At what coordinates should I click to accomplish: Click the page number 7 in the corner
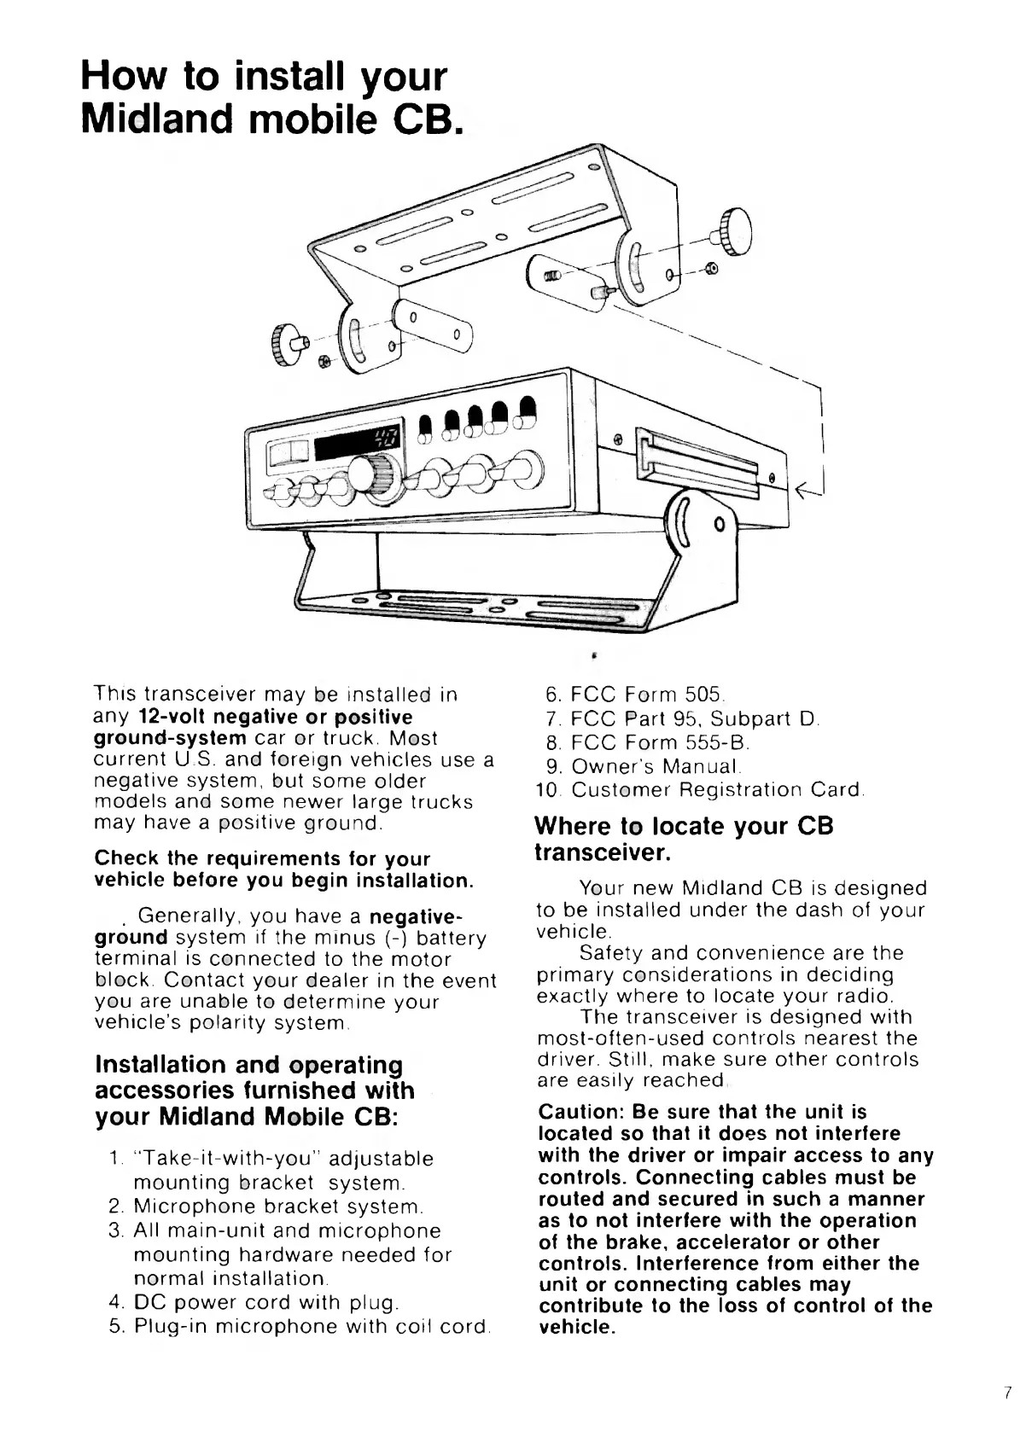click(1008, 1393)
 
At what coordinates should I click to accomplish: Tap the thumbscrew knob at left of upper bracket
click(283, 344)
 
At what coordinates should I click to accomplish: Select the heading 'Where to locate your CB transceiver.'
click(683, 840)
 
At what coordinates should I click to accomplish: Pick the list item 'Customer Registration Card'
click(717, 789)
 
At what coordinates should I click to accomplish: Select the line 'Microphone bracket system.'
click(278, 1207)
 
